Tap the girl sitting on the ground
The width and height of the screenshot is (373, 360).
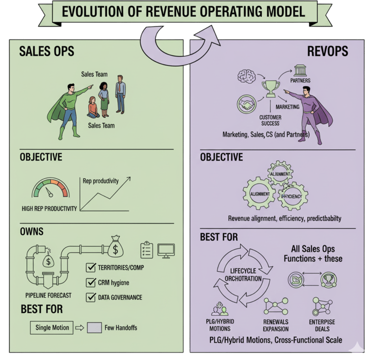coord(93,107)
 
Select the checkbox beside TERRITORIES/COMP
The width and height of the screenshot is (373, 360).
coord(91,268)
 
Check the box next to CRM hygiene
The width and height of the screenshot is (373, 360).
coord(91,282)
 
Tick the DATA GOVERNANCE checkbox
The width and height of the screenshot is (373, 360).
coord(91,297)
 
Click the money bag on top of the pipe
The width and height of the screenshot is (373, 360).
coord(117,246)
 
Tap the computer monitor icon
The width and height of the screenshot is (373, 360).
coord(166,250)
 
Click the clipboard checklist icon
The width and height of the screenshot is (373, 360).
coord(147,250)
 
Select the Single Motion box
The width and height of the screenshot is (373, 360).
coord(52,327)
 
